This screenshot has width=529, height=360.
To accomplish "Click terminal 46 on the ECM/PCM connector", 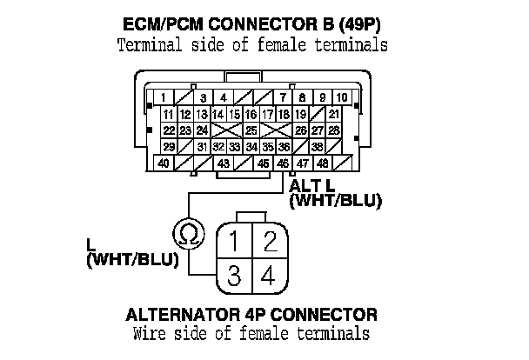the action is point(283,163).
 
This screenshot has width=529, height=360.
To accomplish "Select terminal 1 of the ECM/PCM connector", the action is point(164,97).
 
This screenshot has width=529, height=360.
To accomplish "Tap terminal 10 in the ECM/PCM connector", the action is point(342,97).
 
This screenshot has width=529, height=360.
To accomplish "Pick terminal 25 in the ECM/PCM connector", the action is point(251,130).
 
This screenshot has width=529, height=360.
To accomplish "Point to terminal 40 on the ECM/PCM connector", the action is point(164,163).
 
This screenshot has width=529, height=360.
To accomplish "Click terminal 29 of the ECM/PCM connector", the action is point(169,146).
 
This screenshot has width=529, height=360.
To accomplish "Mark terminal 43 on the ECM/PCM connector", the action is point(223,163).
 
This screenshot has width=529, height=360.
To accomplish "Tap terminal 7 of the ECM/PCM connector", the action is point(283,97).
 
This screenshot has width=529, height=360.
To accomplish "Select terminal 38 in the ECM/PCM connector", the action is point(318,146).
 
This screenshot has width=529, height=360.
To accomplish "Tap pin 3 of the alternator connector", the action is point(233,277).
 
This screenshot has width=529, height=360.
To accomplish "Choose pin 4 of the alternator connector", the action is point(270,277).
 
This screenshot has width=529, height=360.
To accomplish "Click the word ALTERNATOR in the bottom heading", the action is point(181,314).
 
